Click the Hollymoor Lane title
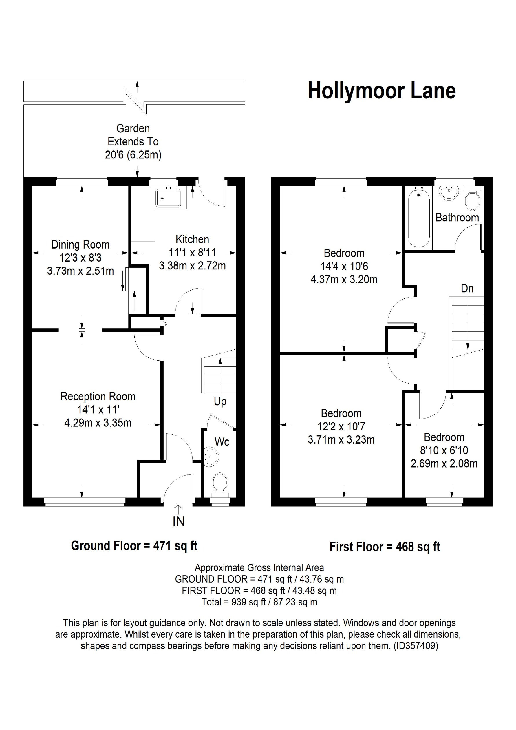tap(381, 91)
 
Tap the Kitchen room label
tap(192, 239)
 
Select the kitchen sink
tap(168, 198)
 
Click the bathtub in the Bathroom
tap(419, 219)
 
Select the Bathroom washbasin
tap(449, 193)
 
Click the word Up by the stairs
tap(220, 402)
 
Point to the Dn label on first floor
tap(467, 289)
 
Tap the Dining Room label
tap(80, 245)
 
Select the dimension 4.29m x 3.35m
tap(98, 423)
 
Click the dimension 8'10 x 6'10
tap(444, 450)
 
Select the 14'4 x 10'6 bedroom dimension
tap(344, 266)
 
